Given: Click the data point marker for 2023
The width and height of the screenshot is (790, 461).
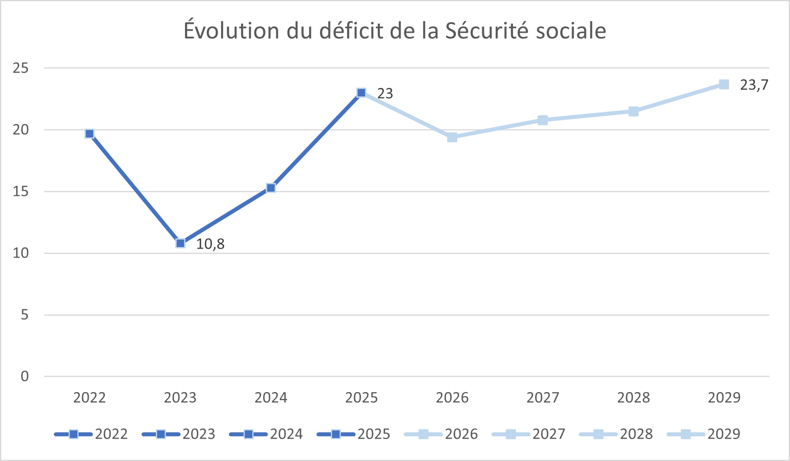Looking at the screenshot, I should (180, 243).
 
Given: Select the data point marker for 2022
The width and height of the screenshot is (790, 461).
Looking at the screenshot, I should (90, 133).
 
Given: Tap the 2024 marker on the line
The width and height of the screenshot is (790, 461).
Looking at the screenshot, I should (271, 188).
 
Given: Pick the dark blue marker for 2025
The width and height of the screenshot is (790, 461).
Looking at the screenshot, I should (362, 93).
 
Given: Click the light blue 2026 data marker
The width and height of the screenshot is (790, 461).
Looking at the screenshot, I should (452, 137).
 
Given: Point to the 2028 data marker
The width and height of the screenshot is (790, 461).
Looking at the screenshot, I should (633, 111).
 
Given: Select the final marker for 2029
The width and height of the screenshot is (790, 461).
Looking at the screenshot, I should (724, 84).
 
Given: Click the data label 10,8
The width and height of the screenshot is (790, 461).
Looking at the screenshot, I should (210, 244).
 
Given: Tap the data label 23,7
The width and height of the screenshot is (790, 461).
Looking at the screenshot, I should (754, 85).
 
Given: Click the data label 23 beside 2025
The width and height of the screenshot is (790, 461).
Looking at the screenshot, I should (385, 94).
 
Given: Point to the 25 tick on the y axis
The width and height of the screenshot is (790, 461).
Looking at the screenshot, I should (21, 68).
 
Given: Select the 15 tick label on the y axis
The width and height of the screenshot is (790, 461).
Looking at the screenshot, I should (21, 192).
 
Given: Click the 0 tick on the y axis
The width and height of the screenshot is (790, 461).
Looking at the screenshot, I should (25, 376).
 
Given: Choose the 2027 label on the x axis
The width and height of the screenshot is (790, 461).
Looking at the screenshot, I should (542, 398).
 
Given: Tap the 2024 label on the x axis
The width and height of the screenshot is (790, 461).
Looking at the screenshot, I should (271, 398).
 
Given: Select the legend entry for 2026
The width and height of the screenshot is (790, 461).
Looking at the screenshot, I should (442, 434).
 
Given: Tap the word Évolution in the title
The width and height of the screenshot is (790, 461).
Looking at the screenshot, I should (231, 31).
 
